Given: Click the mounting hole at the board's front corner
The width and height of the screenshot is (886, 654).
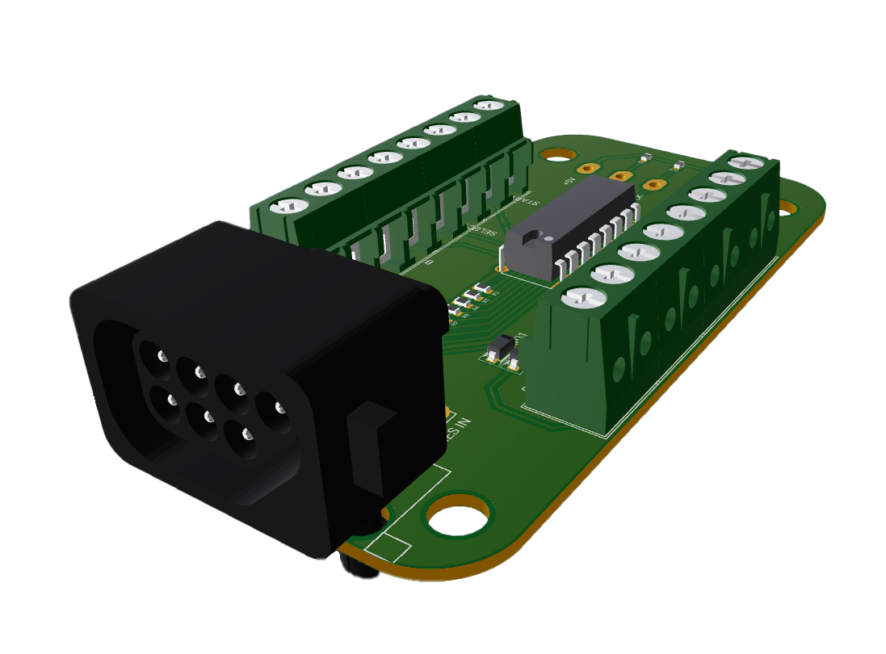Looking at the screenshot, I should pyautogui.click(x=459, y=516).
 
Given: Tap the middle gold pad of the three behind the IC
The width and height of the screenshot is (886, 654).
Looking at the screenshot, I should pyautogui.click(x=620, y=175).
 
